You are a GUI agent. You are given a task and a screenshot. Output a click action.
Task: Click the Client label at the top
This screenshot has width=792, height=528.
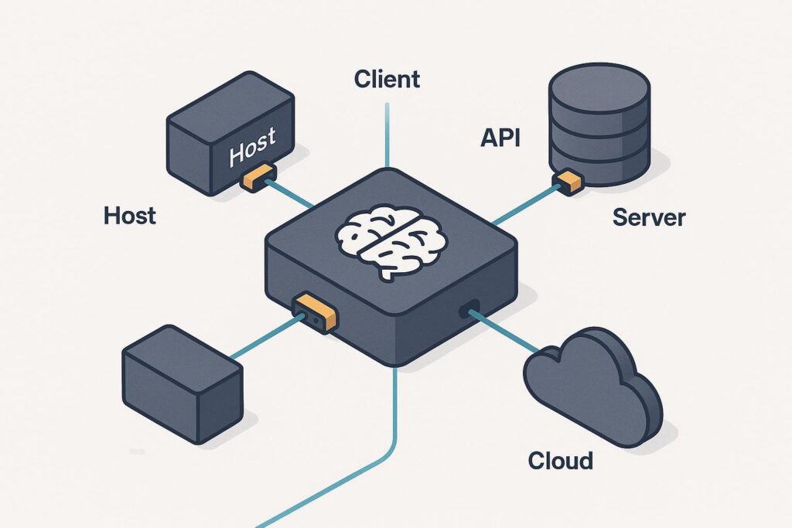point(387,78)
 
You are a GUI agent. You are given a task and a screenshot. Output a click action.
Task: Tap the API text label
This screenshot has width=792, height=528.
point(500,138)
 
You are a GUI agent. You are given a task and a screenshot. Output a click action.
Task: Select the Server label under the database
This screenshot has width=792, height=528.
point(648,217)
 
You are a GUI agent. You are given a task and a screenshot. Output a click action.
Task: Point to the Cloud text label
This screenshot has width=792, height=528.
point(561,461)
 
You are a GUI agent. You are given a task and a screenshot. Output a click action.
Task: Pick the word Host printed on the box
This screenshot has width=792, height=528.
point(252,148)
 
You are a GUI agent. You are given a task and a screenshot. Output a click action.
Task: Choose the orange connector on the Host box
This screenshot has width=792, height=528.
point(257,177)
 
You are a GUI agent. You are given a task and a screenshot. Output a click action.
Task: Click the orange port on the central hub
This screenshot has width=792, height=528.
point(316,311)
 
